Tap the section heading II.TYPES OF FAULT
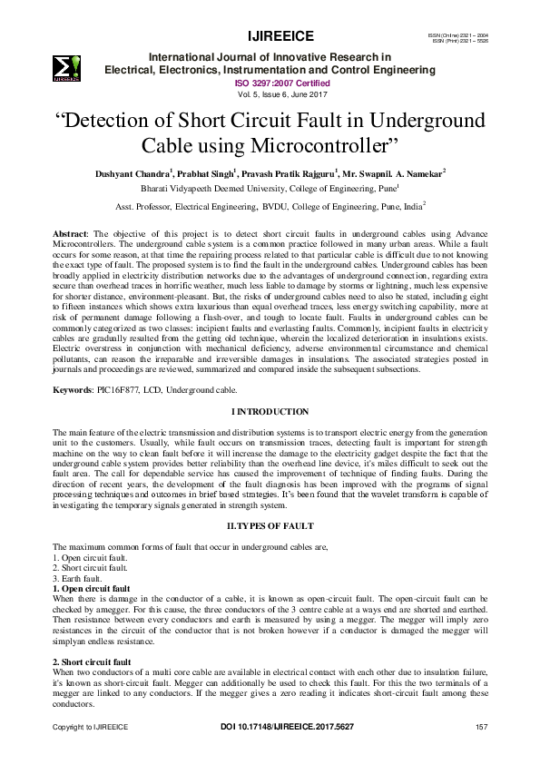pos(270,525)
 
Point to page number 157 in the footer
pos(482,727)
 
